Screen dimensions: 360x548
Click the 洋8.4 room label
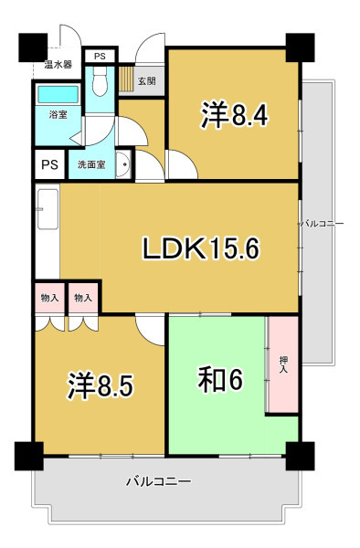[234, 115]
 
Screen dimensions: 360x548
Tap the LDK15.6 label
[201, 248]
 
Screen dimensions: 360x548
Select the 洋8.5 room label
[101, 385]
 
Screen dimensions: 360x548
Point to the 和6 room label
[220, 380]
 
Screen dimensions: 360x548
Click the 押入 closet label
[283, 364]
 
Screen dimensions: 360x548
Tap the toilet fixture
[100, 81]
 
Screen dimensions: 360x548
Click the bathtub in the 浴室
[58, 94]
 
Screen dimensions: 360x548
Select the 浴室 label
[58, 114]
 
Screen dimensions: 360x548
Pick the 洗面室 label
[91, 164]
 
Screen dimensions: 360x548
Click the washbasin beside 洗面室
[123, 164]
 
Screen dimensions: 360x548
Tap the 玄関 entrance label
[147, 81]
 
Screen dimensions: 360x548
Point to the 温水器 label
[58, 64]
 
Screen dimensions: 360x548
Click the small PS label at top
[100, 56]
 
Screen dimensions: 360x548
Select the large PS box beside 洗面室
[50, 164]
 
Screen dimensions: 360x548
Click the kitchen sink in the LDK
[48, 209]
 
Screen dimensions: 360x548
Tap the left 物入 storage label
[49, 298]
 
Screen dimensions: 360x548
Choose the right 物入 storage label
[83, 298]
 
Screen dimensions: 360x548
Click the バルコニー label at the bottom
[158, 482]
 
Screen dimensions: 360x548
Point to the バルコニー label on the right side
[322, 224]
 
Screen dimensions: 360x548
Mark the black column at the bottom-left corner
[29, 456]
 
